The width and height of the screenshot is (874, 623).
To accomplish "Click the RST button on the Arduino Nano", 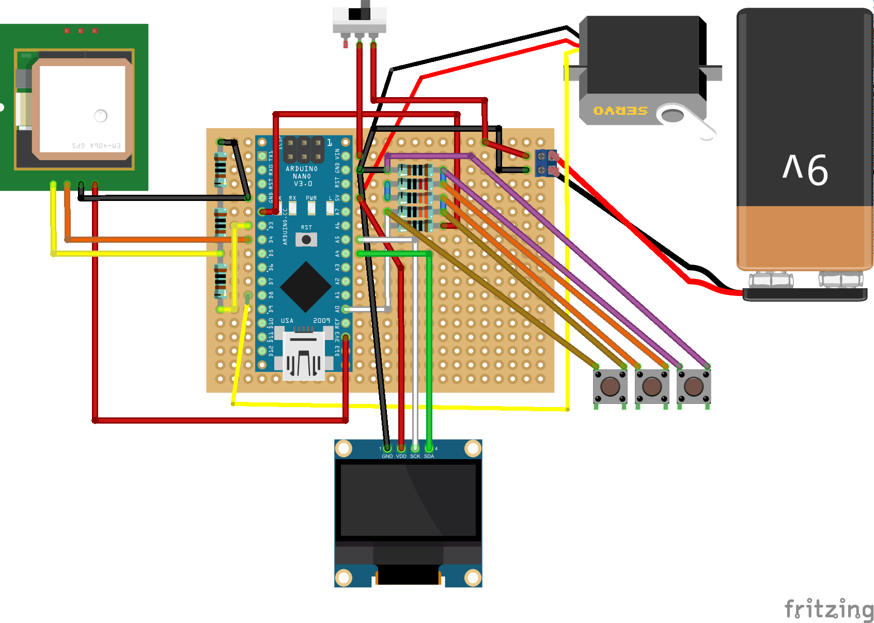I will [306, 240].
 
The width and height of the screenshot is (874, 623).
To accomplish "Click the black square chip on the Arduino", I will [306, 286].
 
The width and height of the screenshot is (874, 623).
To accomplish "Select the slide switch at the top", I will [360, 21].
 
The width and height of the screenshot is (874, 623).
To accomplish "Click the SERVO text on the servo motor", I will [620, 111].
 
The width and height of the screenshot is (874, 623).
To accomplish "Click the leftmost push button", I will [610, 386].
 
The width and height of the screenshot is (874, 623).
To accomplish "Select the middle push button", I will [652, 386].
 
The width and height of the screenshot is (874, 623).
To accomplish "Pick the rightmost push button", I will [694, 386].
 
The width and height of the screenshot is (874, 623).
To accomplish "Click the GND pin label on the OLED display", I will [387, 456].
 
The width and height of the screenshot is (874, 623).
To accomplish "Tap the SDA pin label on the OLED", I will [429, 456].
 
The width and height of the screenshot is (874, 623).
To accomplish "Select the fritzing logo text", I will [829, 609].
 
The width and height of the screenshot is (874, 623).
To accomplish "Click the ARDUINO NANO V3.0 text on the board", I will [302, 176].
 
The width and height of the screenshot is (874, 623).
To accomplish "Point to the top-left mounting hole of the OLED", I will [344, 448].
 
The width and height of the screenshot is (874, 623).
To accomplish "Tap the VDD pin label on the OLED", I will [401, 456].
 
